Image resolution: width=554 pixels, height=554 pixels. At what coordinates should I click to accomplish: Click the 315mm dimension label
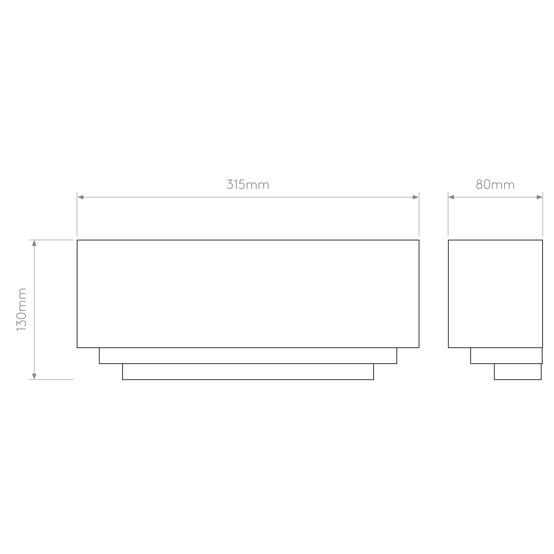[x=248, y=184]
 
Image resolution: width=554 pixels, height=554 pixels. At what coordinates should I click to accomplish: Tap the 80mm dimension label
[x=495, y=184]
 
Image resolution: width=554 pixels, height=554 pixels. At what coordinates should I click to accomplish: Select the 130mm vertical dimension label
[x=21, y=310]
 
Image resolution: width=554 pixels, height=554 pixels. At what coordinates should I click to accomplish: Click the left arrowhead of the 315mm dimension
[x=80, y=197]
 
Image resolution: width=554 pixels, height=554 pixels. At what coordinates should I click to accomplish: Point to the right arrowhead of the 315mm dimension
[x=416, y=197]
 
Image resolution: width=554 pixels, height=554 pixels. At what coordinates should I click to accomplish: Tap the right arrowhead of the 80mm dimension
[x=539, y=197]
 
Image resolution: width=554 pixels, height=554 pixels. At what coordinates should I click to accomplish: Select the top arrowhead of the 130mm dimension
[x=34, y=243]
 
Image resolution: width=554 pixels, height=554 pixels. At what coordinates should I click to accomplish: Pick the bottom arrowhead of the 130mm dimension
[x=34, y=376]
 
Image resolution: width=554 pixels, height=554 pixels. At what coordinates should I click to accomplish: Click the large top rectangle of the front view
[x=248, y=294]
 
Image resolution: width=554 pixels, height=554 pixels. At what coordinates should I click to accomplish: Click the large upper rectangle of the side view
[x=495, y=294]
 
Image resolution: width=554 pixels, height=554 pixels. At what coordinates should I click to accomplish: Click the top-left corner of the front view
[x=77, y=240]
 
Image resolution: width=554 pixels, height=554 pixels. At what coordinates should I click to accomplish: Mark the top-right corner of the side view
[x=542, y=240]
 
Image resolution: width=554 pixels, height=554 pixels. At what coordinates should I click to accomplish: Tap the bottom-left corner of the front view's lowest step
[x=123, y=380]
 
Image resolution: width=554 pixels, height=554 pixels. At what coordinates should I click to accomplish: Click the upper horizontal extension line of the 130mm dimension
[x=51, y=240]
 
